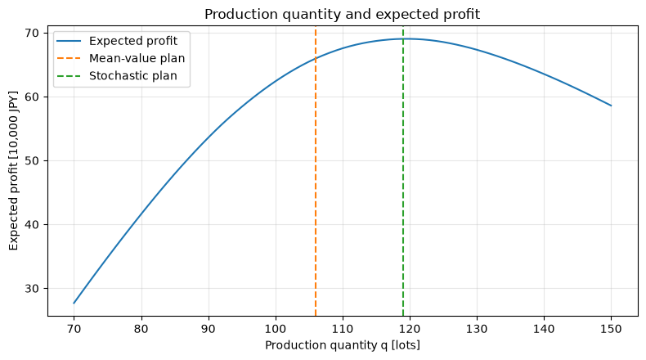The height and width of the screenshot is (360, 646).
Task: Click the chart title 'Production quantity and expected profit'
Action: tap(342, 15)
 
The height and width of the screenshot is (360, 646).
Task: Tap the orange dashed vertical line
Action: tap(316, 171)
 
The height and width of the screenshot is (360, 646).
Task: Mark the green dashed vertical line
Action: tap(403, 171)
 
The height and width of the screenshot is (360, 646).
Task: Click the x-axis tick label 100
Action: tap(276, 329)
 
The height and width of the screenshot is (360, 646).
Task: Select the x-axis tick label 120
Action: tap(410, 329)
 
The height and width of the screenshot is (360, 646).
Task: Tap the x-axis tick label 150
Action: tap(611, 329)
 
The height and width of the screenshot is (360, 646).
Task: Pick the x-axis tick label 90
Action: tap(209, 329)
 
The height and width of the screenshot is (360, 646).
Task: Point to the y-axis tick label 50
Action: tap(33, 161)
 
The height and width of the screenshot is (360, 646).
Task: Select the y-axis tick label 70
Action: tap(33, 33)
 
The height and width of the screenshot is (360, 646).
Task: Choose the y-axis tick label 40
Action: tap(33, 225)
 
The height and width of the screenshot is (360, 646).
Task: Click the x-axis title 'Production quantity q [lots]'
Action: tap(343, 345)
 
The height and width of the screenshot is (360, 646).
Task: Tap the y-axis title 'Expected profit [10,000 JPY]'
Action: tap(14, 171)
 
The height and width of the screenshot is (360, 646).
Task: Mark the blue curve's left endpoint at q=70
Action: tap(74, 303)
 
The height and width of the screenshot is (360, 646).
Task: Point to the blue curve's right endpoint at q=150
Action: tap(611, 106)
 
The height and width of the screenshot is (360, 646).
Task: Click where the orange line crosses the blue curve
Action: tap(316, 58)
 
